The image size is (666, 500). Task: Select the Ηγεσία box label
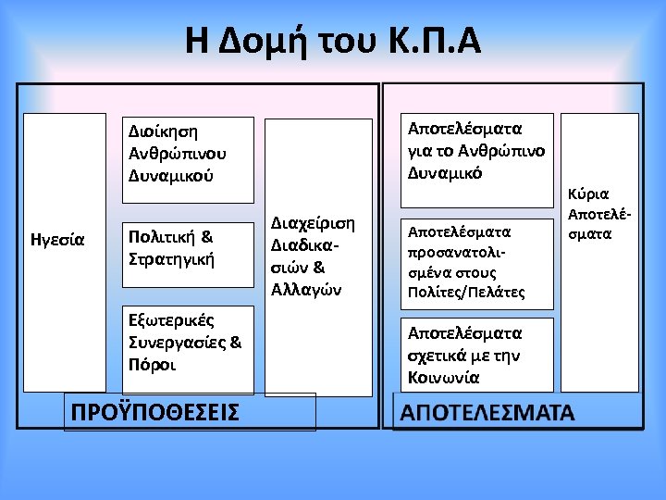57,240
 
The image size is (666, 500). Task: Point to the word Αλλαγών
305,289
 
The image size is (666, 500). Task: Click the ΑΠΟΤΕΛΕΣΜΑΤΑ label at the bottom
487,412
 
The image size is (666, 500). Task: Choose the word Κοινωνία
443,377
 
